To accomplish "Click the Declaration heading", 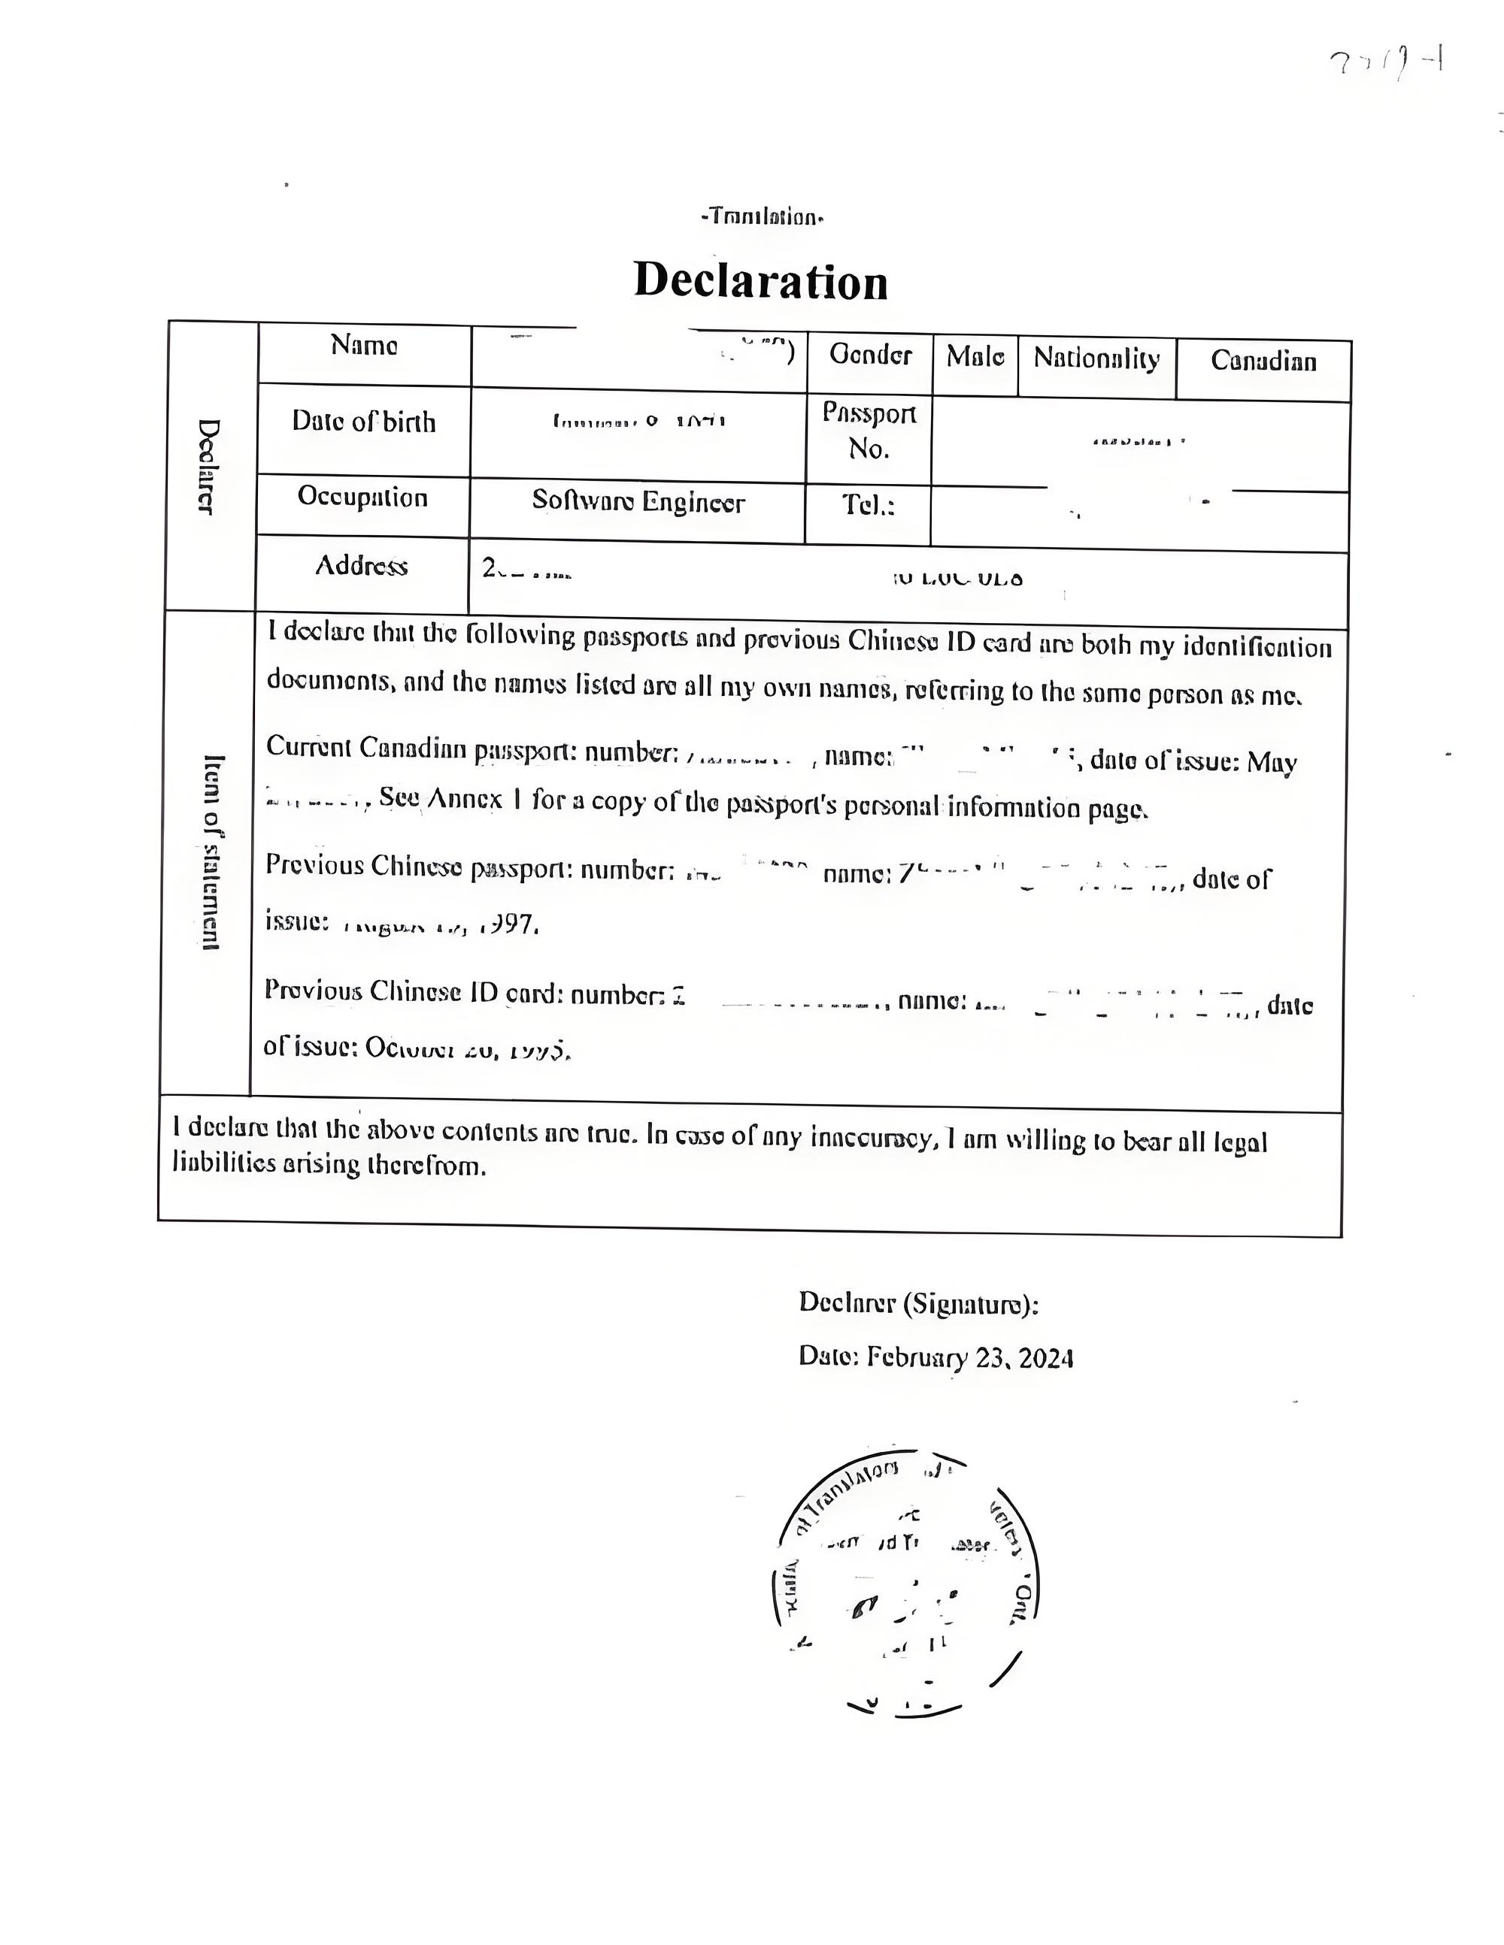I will [x=760, y=281].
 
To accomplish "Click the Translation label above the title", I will [x=761, y=216].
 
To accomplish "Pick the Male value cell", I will [x=975, y=357].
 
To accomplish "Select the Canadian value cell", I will [x=1263, y=361].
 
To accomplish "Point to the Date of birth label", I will [x=363, y=422].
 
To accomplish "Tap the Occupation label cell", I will [x=362, y=497].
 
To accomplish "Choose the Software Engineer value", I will [x=638, y=502].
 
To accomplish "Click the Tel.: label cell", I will [x=868, y=506].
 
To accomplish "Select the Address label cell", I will [x=361, y=565].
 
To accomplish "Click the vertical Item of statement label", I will [x=212, y=852].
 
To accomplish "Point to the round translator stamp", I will [x=905, y=1593].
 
